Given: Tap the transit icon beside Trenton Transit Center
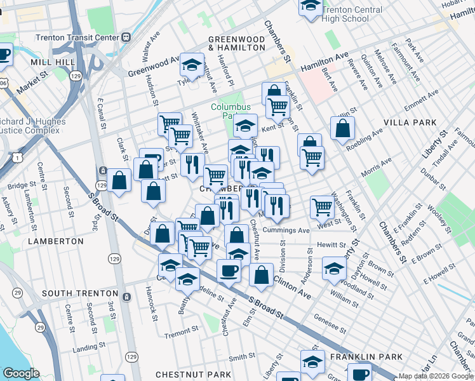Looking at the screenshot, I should tap(126, 37).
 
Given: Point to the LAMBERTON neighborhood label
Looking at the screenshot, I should tap(55, 241).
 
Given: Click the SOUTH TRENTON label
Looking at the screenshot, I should tap(80, 294).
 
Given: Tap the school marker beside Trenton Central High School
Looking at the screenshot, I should tap(309, 6).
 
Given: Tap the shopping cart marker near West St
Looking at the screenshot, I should tap(323, 206).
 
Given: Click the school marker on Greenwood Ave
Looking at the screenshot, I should tap(191, 64).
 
